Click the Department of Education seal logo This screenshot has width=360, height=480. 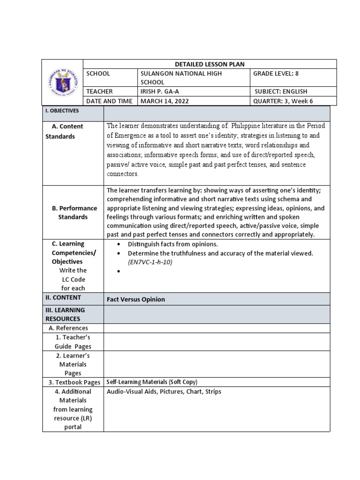(62, 82)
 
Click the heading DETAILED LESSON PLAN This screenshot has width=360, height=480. (210, 64)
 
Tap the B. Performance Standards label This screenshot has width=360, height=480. (73, 212)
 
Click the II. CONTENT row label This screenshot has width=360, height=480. (63, 297)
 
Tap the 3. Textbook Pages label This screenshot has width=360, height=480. (74, 382)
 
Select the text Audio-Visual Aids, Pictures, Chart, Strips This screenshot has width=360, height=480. (164, 391)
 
